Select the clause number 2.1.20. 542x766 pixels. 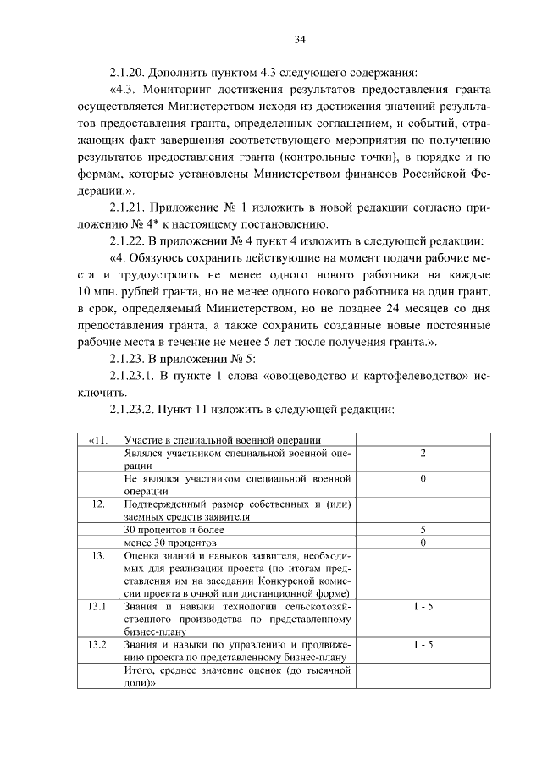[x=130, y=71]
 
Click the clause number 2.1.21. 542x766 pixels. [x=130, y=207]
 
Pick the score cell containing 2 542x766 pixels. [x=422, y=454]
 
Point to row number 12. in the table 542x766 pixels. [x=97, y=504]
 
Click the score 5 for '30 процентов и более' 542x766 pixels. [x=422, y=530]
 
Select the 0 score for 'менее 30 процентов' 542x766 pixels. [x=422, y=542]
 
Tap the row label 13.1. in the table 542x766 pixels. [x=97, y=607]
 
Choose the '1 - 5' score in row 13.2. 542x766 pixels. [x=422, y=645]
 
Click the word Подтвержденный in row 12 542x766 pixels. [x=163, y=504]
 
